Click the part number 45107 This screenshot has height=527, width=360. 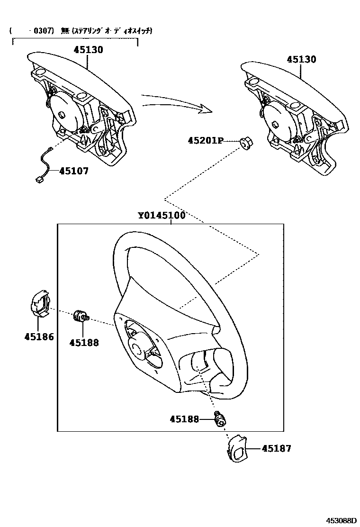[x=73, y=172]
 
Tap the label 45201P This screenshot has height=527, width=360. [x=206, y=141]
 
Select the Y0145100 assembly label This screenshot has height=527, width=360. [x=162, y=216]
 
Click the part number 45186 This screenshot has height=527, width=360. [x=39, y=337]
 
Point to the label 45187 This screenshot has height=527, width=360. [x=277, y=448]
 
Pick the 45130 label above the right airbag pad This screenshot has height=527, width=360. [x=301, y=60]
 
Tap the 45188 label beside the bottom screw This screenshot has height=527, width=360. [x=185, y=419]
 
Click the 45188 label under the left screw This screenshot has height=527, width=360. [x=84, y=343]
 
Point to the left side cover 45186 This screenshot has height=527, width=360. [x=40, y=304]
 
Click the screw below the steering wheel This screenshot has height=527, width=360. [x=220, y=419]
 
